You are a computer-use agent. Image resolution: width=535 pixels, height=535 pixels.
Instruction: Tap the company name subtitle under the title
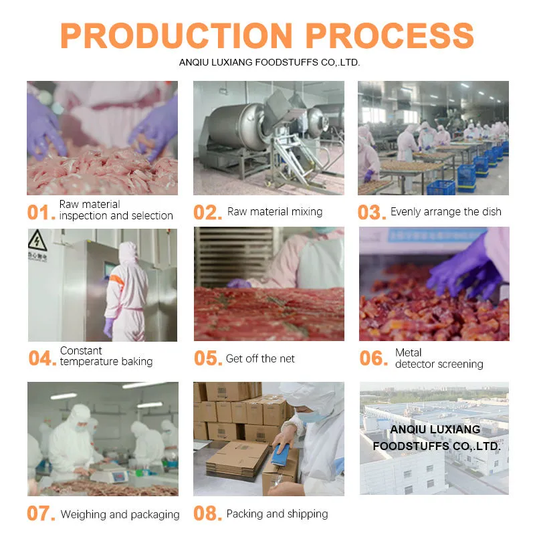coord(270,62)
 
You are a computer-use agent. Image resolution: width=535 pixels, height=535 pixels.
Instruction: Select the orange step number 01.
coord(41,213)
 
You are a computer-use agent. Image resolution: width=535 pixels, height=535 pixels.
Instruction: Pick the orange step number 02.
coord(207,213)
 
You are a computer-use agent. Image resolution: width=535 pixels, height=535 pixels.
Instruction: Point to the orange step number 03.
coord(372,213)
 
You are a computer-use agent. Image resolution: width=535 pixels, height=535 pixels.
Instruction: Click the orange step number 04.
coord(42,358)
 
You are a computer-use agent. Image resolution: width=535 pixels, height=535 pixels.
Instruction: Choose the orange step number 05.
coord(207,358)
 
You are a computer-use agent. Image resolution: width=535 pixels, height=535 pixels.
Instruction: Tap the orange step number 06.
coord(373,358)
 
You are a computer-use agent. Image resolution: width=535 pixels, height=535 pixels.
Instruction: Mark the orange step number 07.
coord(41,514)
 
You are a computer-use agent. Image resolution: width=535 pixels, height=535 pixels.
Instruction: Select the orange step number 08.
coord(207,514)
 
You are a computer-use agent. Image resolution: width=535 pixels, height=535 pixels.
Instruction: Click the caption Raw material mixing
coord(275,212)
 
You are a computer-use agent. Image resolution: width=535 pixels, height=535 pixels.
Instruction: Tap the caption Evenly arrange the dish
coord(445,212)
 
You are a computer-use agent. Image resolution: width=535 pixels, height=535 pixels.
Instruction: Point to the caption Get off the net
coord(260,358)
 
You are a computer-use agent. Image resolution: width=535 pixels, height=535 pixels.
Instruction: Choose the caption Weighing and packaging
coord(120,514)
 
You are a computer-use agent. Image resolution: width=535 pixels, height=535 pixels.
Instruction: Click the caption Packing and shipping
coord(277,514)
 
